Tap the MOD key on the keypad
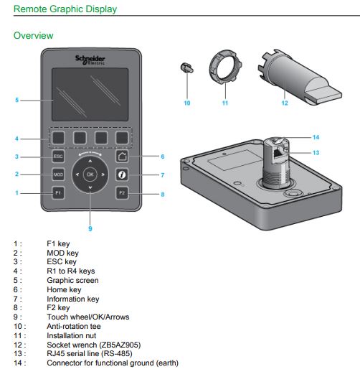click(58, 174)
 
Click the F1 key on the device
click(58, 193)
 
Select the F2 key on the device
click(122, 193)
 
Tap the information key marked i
click(122, 174)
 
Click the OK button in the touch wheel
click(90, 174)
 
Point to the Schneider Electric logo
click(90, 60)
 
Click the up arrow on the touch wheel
click(90, 162)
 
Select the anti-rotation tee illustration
click(186, 67)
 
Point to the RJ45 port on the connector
click(278, 153)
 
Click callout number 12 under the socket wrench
click(285, 103)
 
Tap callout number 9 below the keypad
click(90, 228)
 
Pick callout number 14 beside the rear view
click(316, 137)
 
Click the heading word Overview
click(33, 36)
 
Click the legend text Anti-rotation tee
click(74, 326)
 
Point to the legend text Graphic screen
click(72, 281)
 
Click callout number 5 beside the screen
click(16, 100)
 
